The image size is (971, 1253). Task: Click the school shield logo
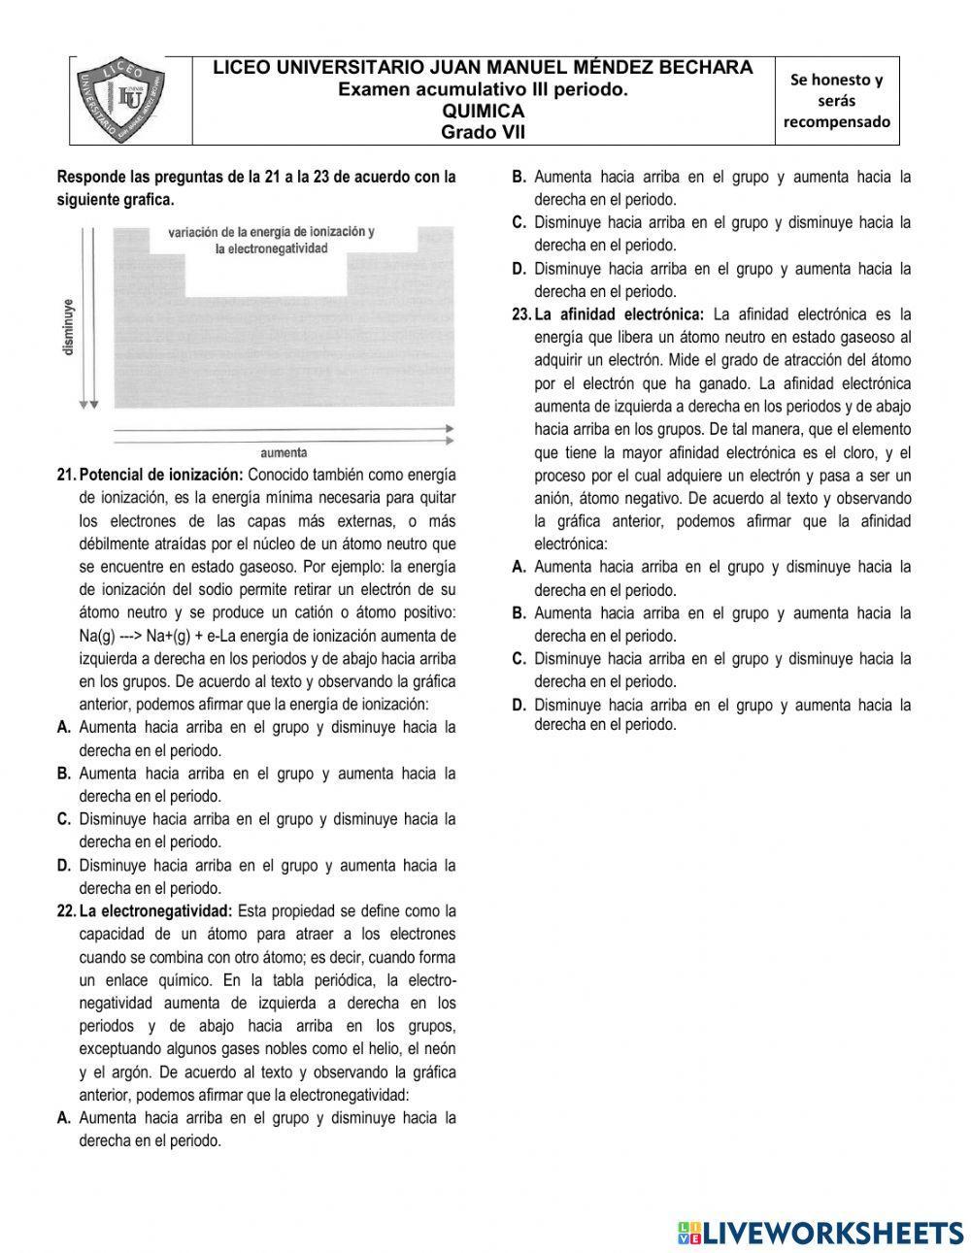(x=130, y=100)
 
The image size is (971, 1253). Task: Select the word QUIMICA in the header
(x=483, y=112)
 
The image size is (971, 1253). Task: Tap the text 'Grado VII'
(x=483, y=132)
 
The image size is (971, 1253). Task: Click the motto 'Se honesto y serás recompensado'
(x=836, y=101)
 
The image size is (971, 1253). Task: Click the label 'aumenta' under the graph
(x=284, y=452)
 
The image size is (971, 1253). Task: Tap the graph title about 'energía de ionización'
(x=271, y=240)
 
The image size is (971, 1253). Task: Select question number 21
(x=66, y=475)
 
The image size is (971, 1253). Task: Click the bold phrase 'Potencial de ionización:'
(x=161, y=475)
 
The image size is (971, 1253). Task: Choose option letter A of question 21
(x=64, y=727)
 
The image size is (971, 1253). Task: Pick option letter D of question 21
(x=64, y=865)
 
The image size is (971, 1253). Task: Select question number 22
(x=66, y=911)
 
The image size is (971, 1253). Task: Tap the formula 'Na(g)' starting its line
(x=98, y=636)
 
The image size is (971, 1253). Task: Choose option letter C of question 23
(x=519, y=659)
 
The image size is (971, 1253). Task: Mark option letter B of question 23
(x=519, y=613)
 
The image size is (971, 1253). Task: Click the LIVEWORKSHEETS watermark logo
(x=820, y=1232)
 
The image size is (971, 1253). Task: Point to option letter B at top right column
(x=519, y=178)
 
